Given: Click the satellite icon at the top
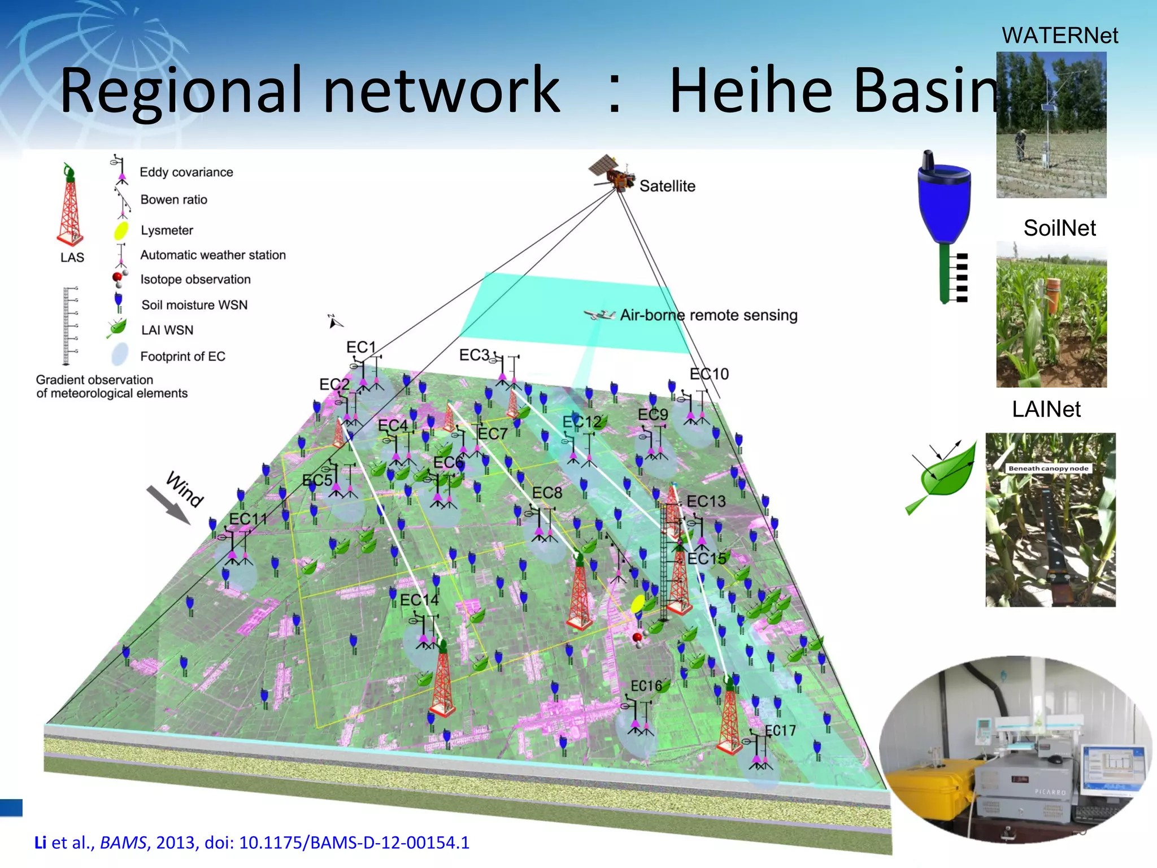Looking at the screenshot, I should pyautogui.click(x=612, y=172).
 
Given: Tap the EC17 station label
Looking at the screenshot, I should pyautogui.click(x=780, y=731).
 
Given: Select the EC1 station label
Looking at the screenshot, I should pyautogui.click(x=360, y=347).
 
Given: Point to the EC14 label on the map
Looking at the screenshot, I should pyautogui.click(x=419, y=600).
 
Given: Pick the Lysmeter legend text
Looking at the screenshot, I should pyautogui.click(x=167, y=231).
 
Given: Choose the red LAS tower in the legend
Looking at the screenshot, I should pyautogui.click(x=70, y=206).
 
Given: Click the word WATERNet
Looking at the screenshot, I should pyautogui.click(x=1059, y=36).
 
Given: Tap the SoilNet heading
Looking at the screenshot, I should pyautogui.click(x=1059, y=228).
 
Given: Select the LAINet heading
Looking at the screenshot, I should pyautogui.click(x=1046, y=409).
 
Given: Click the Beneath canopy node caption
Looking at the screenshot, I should pyautogui.click(x=1048, y=468).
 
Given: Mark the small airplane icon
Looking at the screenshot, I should pyautogui.click(x=599, y=315).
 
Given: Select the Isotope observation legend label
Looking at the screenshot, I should pyautogui.click(x=195, y=280).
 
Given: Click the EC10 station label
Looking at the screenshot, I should pyautogui.click(x=709, y=374).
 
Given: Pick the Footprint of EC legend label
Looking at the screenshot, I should pyautogui.click(x=182, y=357).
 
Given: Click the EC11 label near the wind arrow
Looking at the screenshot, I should pyautogui.click(x=248, y=519).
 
